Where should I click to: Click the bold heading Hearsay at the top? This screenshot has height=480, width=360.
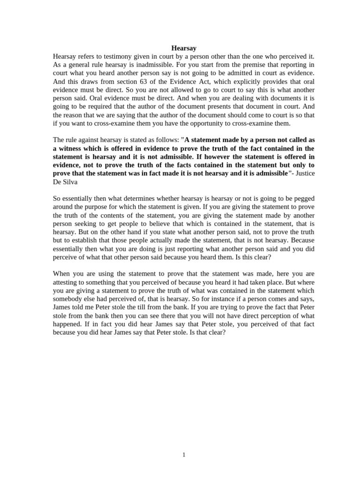point(183,48)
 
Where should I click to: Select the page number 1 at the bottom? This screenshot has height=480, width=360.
point(184,454)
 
